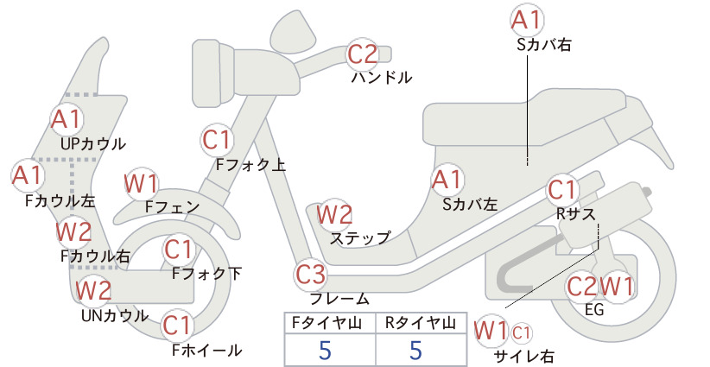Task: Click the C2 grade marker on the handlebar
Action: click(x=363, y=54)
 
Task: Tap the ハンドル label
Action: click(x=382, y=78)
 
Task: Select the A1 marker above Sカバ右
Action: click(x=527, y=21)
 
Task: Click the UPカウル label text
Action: click(x=92, y=144)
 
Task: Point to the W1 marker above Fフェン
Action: click(x=141, y=185)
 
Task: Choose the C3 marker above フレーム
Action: click(x=311, y=275)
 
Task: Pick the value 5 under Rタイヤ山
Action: click(x=415, y=350)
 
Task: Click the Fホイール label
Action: click(x=207, y=350)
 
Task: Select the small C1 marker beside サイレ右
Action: click(x=521, y=333)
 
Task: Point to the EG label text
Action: click(x=594, y=309)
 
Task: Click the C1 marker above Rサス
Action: click(x=562, y=190)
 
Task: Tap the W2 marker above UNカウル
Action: click(x=93, y=290)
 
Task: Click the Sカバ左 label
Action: click(x=470, y=205)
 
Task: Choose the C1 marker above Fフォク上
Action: click(x=217, y=140)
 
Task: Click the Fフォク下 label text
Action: click(x=207, y=274)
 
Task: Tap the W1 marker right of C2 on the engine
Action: click(x=616, y=287)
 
